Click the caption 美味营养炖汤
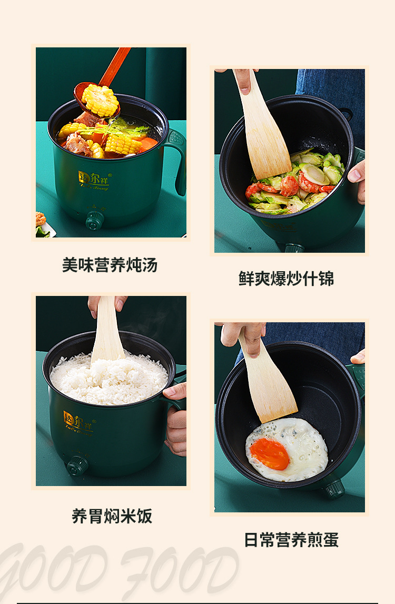tap(110, 265)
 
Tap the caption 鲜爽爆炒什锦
tap(286, 279)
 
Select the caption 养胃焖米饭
tap(112, 516)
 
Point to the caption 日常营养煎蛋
tap(291, 540)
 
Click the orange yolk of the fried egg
tap(270, 454)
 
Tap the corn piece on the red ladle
tap(101, 100)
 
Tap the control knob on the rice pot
tap(77, 466)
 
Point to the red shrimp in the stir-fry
tap(289, 185)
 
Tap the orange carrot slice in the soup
tap(148, 144)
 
